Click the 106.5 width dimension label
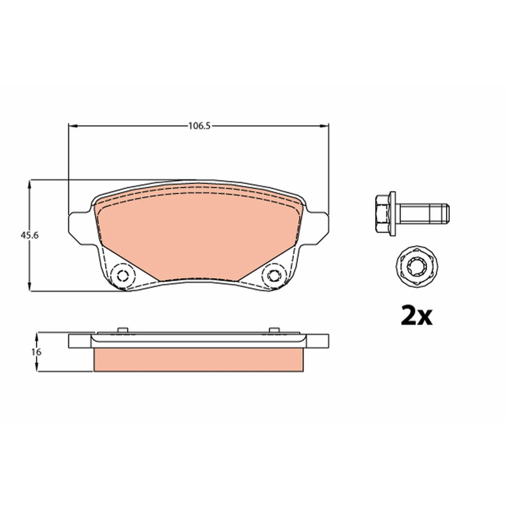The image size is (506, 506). tap(199, 126)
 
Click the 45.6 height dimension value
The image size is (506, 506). tap(29, 235)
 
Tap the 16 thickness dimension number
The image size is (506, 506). tap(36, 352)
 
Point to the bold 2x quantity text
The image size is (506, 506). tap(416, 316)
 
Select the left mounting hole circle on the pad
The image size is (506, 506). tap(122, 276)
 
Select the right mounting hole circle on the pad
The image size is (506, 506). tap(275, 276)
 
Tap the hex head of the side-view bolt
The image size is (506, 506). tap(383, 213)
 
